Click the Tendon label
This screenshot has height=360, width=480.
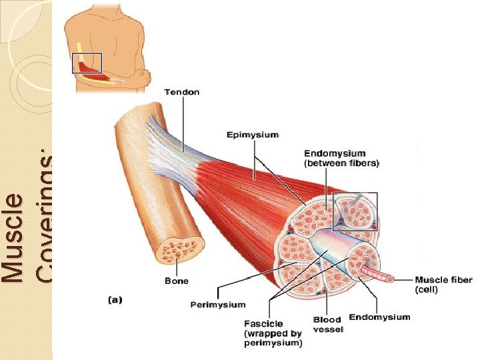point(181,92)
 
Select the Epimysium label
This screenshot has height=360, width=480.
point(253,135)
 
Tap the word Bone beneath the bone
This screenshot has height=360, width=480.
point(177,281)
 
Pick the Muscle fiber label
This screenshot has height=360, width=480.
point(444,280)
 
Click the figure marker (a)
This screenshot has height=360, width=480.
point(115,300)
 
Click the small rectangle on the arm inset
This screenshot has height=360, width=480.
point(87,63)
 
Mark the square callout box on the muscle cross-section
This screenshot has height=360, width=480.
point(355,211)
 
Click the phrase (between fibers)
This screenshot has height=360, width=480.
point(341,163)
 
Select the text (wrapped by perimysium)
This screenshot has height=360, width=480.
point(273,338)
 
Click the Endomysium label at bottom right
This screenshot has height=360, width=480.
point(379,317)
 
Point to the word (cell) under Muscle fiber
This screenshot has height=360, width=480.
point(427,290)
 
